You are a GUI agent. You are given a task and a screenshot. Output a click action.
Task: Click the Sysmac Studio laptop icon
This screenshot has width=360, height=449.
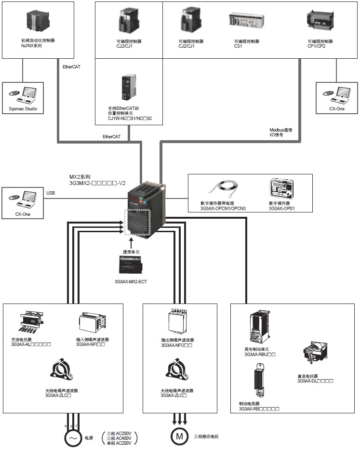[23, 94]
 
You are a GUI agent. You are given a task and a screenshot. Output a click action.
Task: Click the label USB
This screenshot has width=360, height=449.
[51, 193]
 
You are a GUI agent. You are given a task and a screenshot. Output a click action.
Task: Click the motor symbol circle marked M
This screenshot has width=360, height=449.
[179, 436]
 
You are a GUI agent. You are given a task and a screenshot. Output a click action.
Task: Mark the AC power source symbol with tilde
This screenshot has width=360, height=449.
[72, 437]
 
